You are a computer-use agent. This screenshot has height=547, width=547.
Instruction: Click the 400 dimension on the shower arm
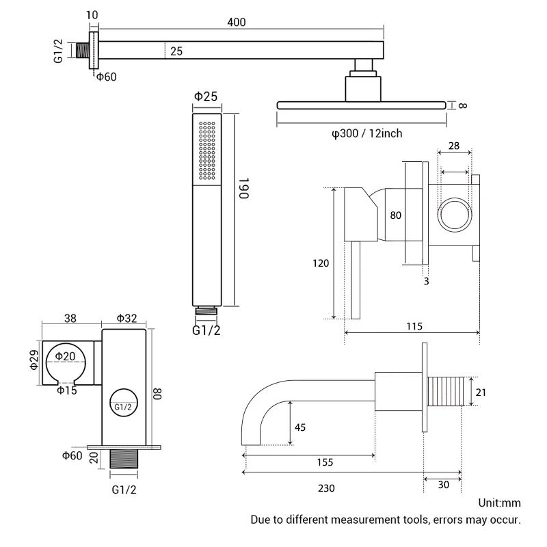coord(237,23)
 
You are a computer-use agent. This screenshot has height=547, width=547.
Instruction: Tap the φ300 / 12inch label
coord(366,133)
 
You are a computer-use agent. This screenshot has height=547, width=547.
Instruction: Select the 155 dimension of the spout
coord(325,462)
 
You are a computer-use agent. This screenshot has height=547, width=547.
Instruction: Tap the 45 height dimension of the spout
coord(300,427)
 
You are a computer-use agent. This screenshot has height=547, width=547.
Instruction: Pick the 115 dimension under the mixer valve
coord(413,326)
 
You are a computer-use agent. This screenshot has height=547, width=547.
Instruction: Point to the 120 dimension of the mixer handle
coord(321,263)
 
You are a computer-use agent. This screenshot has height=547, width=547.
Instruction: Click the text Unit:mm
coord(499,503)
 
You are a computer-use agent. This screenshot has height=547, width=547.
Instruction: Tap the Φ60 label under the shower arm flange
coord(106,77)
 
